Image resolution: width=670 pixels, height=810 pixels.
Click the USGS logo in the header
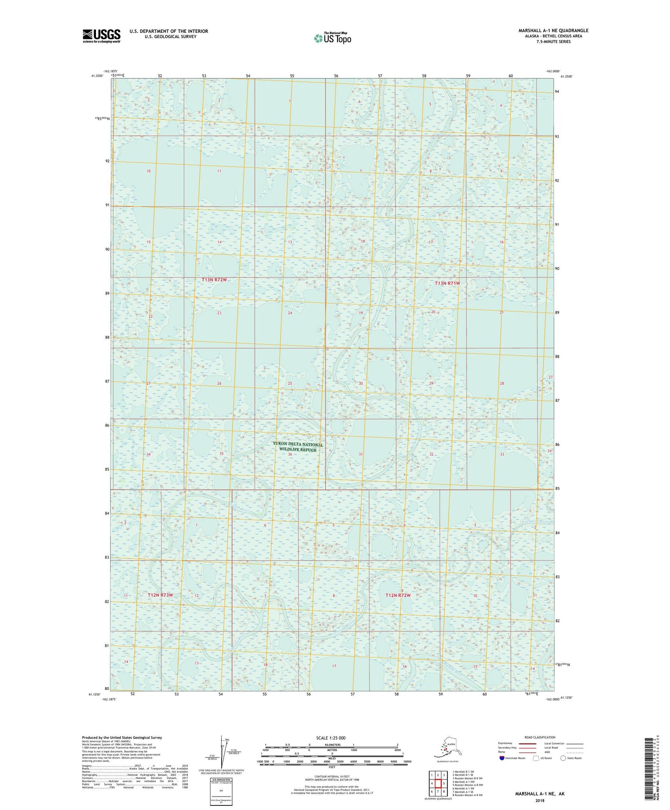tap(102, 36)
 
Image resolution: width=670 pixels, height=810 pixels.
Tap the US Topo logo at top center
tap(332, 38)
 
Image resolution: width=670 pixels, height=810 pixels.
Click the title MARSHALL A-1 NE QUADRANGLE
tap(553, 31)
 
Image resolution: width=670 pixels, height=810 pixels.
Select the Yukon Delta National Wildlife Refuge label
tap(298, 447)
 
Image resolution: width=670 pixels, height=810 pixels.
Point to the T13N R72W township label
tap(214, 280)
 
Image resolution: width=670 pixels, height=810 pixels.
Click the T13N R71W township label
tap(447, 283)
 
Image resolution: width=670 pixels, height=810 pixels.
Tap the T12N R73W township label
tap(160, 595)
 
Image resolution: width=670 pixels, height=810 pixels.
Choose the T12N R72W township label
tap(398, 595)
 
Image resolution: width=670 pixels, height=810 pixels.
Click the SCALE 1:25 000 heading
tap(331, 738)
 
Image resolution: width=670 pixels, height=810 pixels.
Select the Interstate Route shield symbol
tap(502, 758)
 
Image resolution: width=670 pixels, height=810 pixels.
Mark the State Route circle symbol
tap(563, 758)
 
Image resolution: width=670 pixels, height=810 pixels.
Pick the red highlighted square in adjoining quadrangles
tap(438, 784)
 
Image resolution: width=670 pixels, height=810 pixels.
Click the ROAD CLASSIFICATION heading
tap(540, 737)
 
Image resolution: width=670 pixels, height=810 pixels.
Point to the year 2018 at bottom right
tap(540, 800)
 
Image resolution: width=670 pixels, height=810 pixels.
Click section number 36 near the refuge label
tap(290, 454)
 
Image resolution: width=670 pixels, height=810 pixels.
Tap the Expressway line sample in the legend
tap(527, 743)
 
